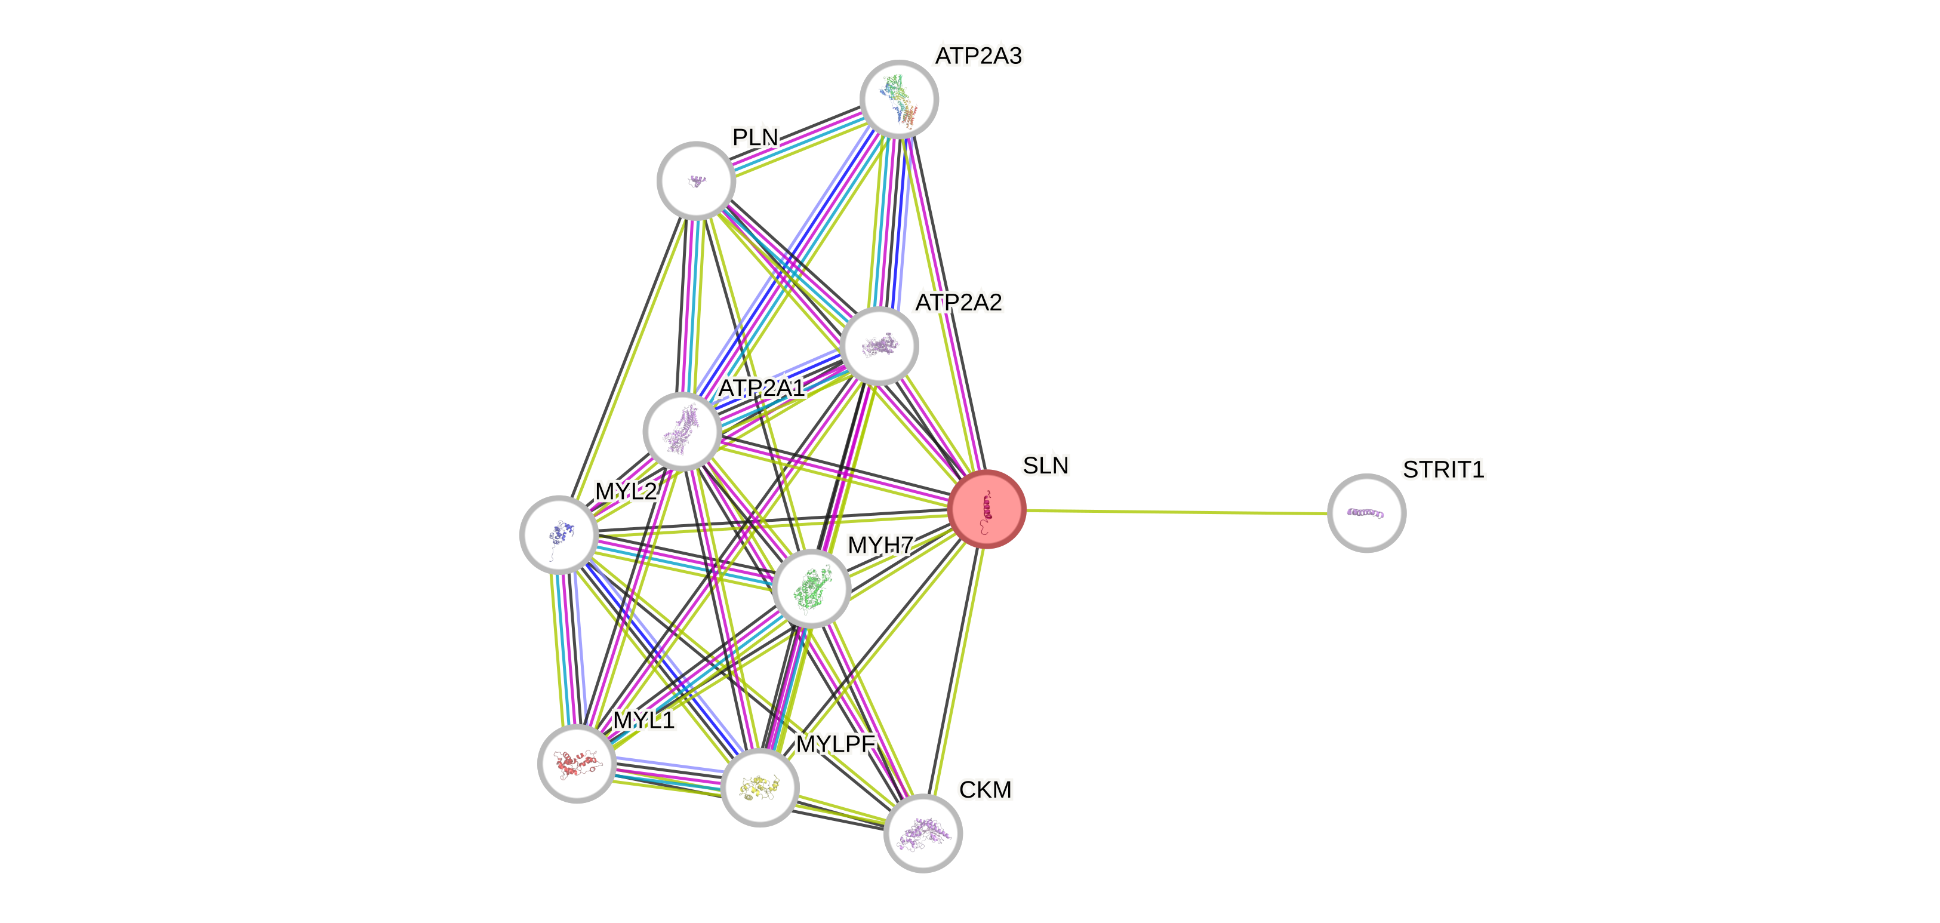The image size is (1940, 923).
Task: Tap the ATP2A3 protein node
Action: coord(899,99)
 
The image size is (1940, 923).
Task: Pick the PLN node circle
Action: coord(697,181)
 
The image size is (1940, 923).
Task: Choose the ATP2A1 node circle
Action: coord(682,432)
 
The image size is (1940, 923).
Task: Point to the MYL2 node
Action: coord(559,534)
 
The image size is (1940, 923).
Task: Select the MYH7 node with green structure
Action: coord(811,589)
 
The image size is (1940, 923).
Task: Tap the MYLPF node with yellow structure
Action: coord(760,787)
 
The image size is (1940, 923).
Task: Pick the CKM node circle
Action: coord(923,833)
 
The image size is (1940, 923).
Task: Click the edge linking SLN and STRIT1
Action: coord(1175,512)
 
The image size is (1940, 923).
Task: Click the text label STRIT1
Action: coord(1443,470)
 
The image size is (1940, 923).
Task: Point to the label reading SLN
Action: coord(1045,466)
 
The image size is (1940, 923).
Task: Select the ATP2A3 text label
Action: coord(978,56)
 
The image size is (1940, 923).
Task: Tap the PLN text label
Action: coord(755,137)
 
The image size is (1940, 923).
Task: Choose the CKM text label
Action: coord(985,790)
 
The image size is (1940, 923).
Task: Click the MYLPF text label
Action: coord(836,744)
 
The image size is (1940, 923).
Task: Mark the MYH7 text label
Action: coord(880,544)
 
